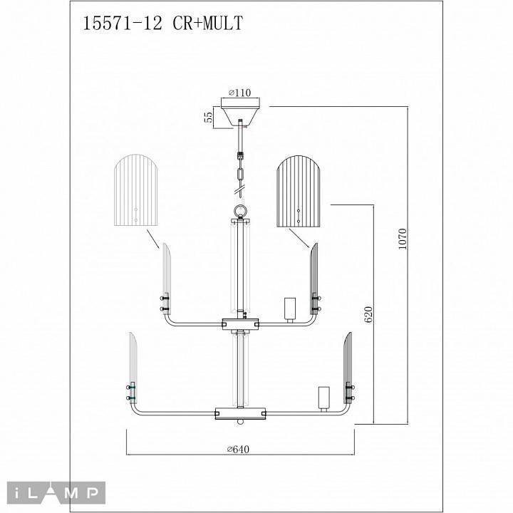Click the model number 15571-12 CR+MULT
163,24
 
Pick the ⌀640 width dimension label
242,449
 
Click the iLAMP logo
56,491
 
